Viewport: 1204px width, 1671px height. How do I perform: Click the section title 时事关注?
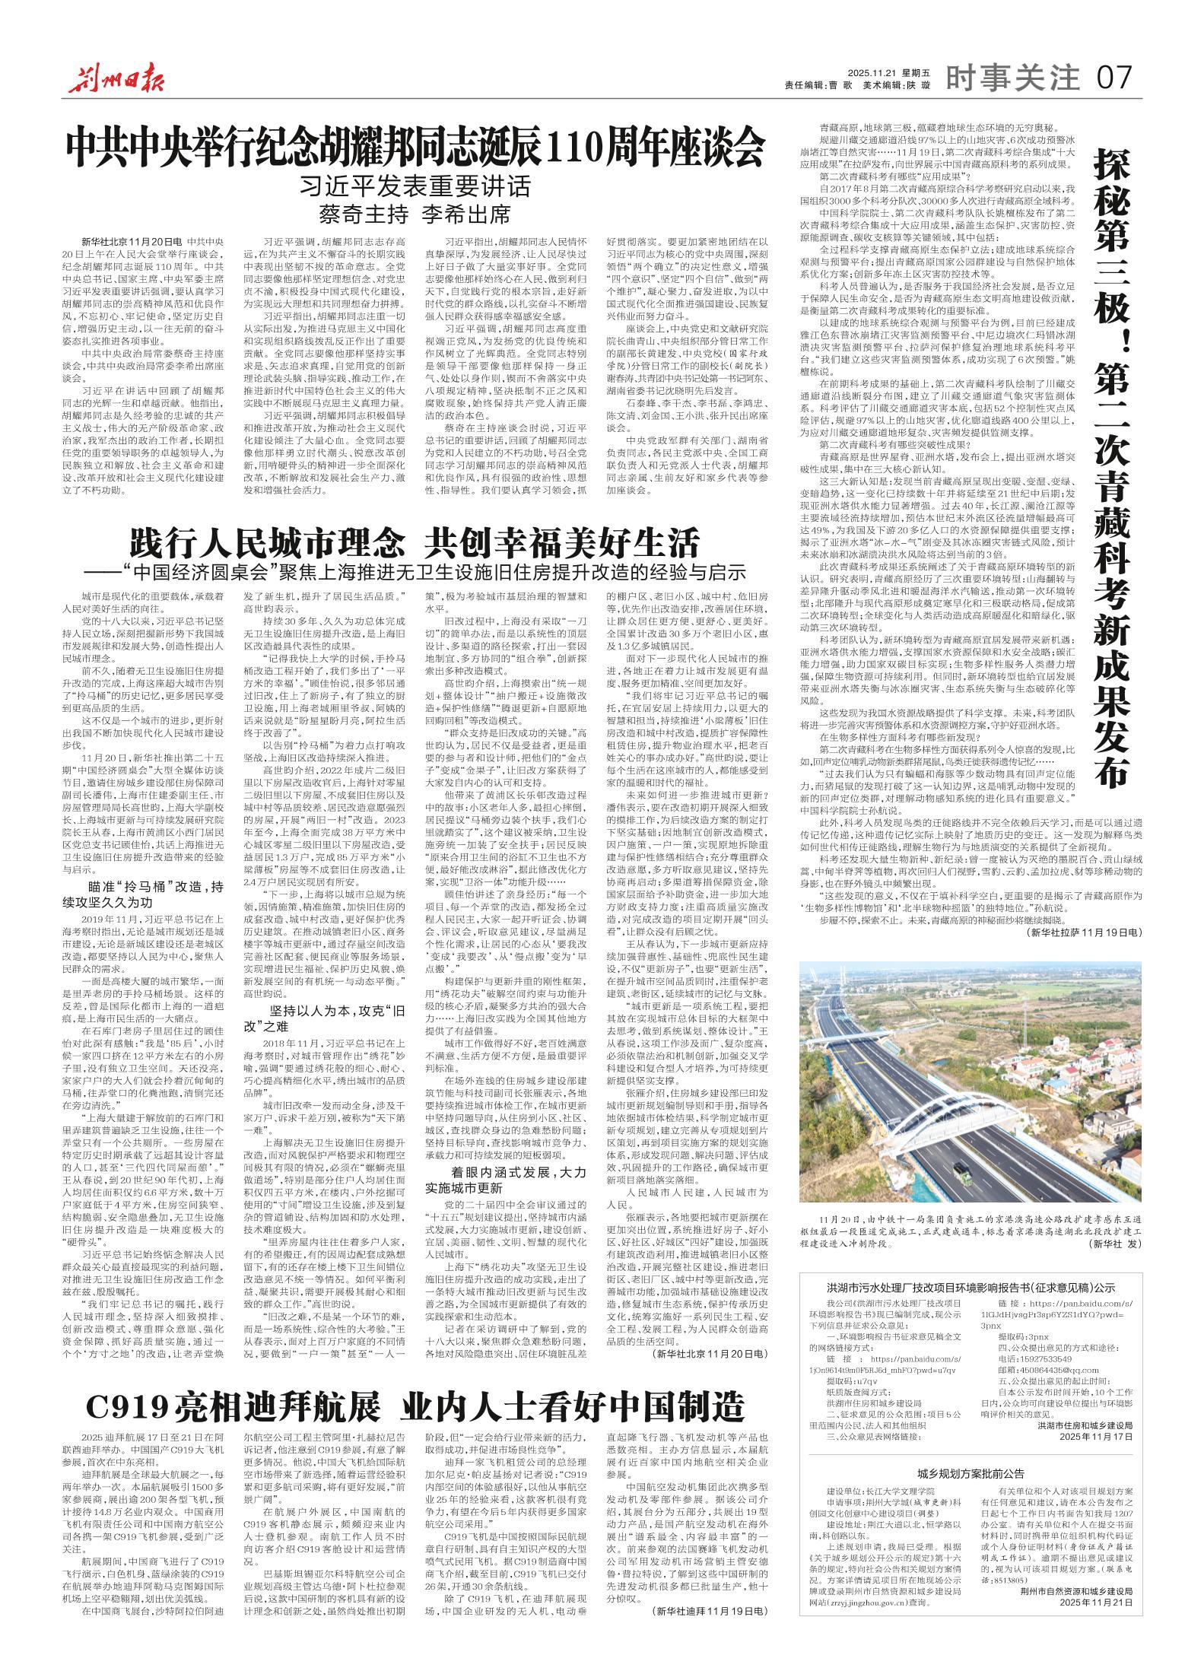pyautogui.click(x=1013, y=77)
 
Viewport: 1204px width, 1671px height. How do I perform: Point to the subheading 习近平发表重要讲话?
pyautogui.click(x=415, y=186)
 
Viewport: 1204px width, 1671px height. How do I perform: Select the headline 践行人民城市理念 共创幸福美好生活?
pyautogui.click(x=414, y=543)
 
